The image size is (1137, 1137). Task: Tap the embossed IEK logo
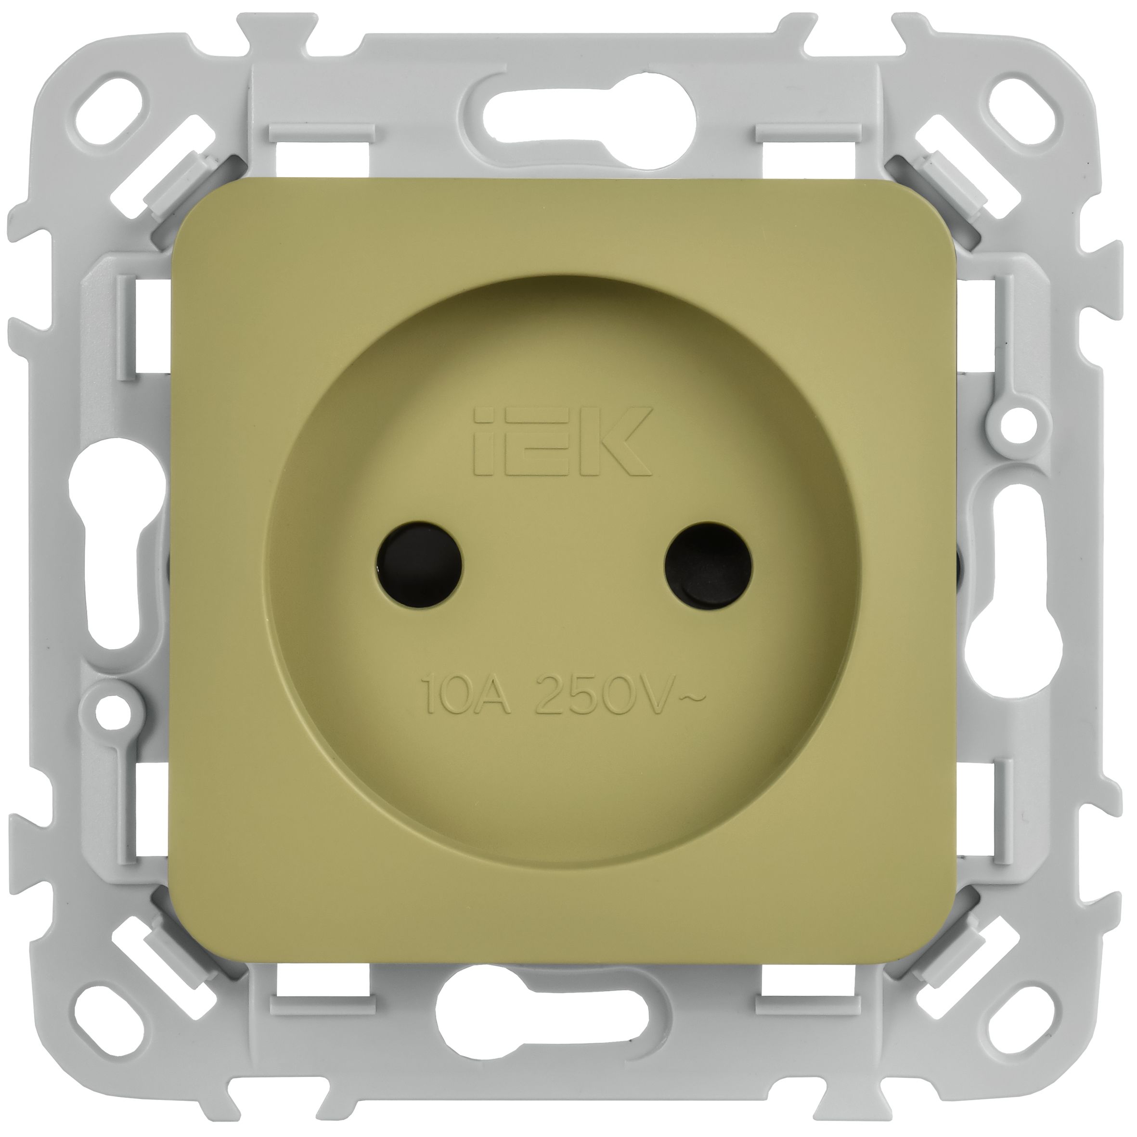tap(563, 441)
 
